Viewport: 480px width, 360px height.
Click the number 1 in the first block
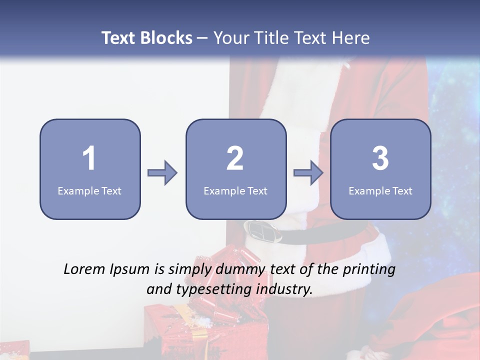89,158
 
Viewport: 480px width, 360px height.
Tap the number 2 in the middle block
235,158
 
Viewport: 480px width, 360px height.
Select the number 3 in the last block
380,158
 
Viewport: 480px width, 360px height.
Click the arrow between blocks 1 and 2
162,173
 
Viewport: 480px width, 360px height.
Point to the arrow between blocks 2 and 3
308,173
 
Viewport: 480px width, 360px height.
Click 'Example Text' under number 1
89,190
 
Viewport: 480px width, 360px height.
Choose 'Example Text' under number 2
235,190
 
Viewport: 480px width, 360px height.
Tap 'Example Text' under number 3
380,190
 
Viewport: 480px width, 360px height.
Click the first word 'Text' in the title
119,38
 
